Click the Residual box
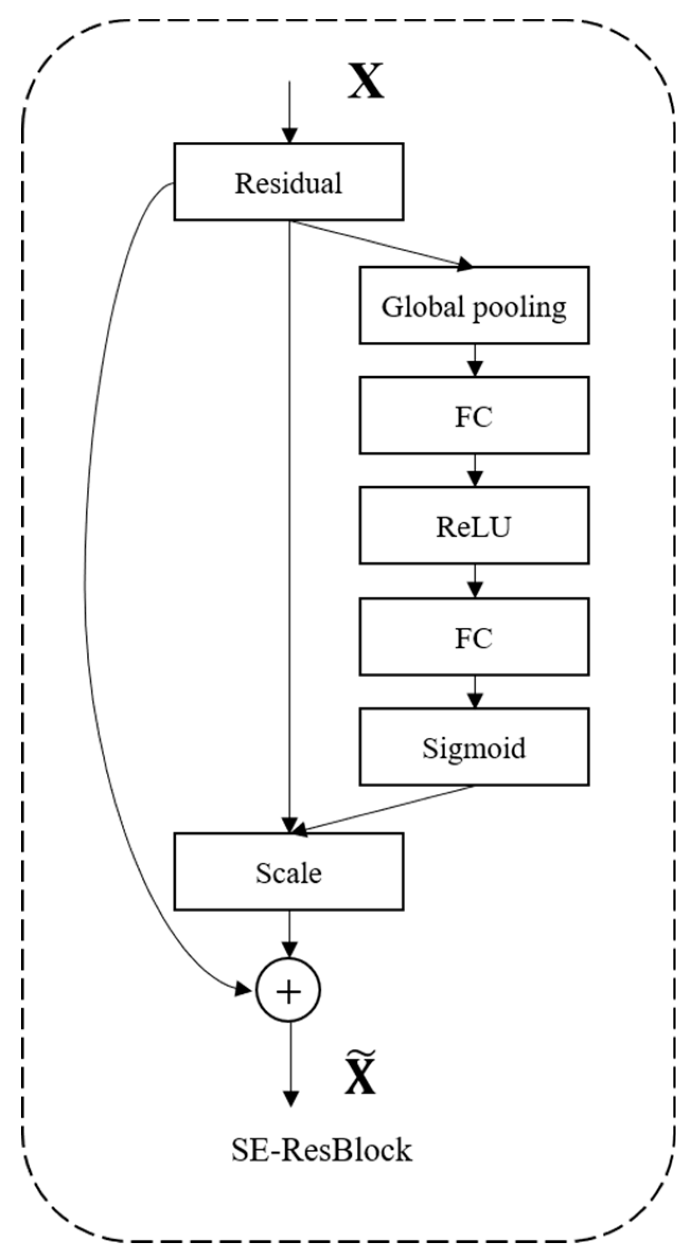289,182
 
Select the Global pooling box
474,305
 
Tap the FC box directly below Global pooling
474,416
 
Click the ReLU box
474,526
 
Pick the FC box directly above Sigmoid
474,637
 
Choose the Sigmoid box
474,747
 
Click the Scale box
289,872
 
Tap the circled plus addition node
289,990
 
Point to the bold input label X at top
365,82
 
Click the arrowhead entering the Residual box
289,136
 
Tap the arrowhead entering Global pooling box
465,264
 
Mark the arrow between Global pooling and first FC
474,361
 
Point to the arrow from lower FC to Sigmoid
474,692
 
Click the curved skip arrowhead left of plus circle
244,989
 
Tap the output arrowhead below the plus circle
289,1098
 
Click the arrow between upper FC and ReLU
474,471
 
